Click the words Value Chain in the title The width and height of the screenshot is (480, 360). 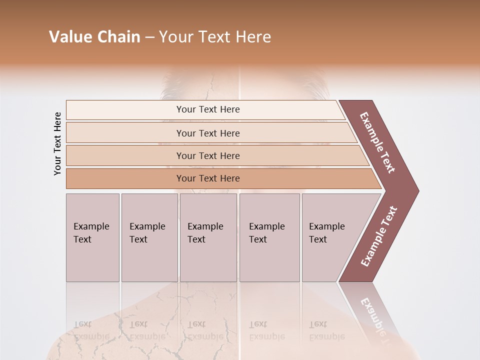(x=94, y=37)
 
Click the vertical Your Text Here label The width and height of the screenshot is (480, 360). (x=58, y=143)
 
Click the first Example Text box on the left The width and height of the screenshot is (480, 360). (x=92, y=237)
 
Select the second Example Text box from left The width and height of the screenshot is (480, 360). (x=149, y=237)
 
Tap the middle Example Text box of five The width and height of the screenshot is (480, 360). (x=208, y=237)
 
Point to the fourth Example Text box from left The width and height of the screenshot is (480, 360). (x=269, y=237)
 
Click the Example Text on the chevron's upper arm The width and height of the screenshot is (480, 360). (x=377, y=142)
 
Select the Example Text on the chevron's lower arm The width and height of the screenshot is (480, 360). (x=379, y=236)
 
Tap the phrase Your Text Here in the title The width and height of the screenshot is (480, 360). (x=215, y=37)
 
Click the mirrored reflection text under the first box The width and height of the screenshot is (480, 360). (x=91, y=330)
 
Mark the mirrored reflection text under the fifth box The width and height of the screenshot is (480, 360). (x=327, y=330)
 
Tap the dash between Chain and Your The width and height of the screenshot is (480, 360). (x=149, y=37)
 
